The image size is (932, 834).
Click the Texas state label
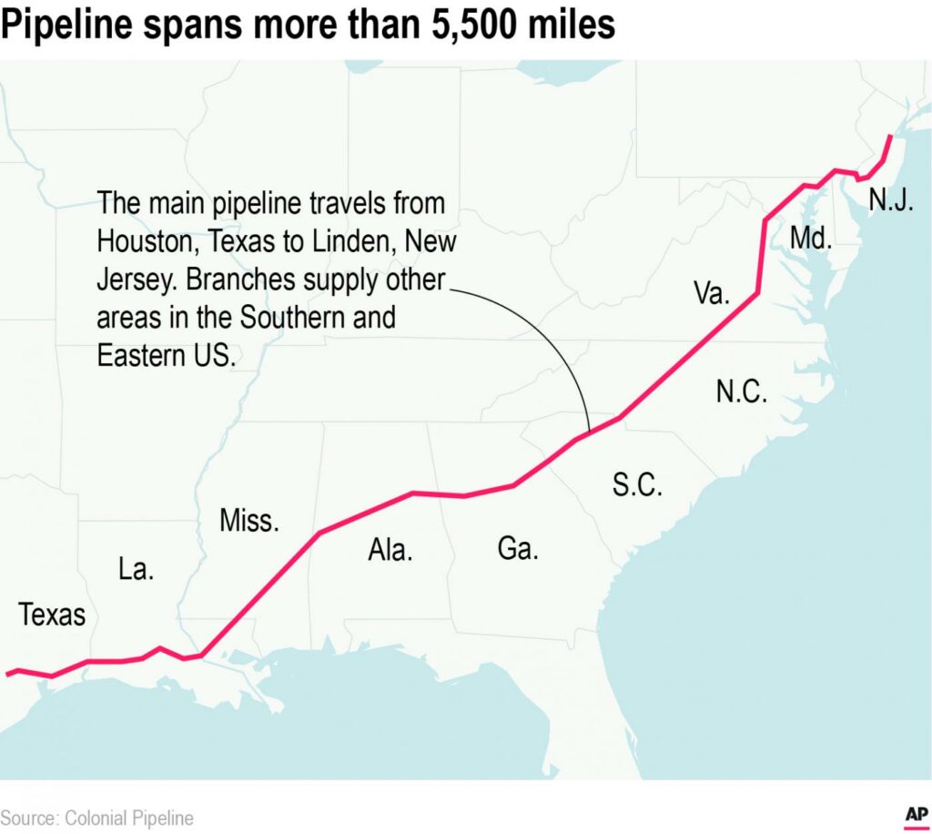tap(52, 615)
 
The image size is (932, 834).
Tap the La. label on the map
tap(137, 570)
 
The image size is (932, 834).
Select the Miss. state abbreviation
tap(249, 522)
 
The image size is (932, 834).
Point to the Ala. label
tap(390, 550)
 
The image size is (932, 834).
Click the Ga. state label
tap(518, 549)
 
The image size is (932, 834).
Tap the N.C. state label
tap(742, 392)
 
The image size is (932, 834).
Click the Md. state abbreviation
tap(811, 239)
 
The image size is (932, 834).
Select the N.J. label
tap(890, 198)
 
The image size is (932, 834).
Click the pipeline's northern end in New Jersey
tap(890, 137)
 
